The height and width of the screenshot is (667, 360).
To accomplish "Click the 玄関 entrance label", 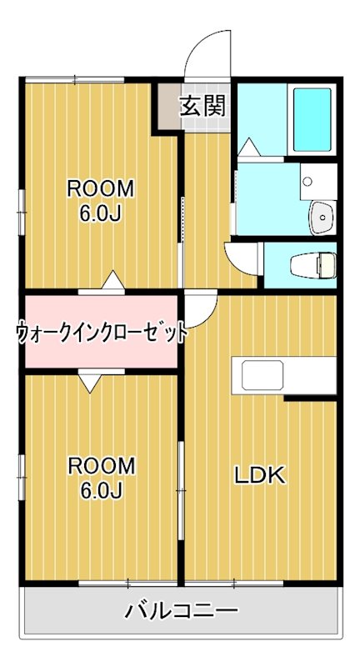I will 202,106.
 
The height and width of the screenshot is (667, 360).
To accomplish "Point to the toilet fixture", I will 310,265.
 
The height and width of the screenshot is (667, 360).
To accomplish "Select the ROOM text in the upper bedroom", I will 100,188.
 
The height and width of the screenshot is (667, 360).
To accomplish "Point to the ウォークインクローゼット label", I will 101,332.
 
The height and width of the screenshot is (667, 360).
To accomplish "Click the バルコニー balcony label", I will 181,610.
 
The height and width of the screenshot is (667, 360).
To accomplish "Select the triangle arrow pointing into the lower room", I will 90,383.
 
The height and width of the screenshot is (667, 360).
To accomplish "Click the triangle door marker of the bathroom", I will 247,148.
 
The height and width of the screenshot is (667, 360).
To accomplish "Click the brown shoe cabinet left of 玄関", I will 167,106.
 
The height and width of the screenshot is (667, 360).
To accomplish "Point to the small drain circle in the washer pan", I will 308,180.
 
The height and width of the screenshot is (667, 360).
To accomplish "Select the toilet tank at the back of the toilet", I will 329,265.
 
